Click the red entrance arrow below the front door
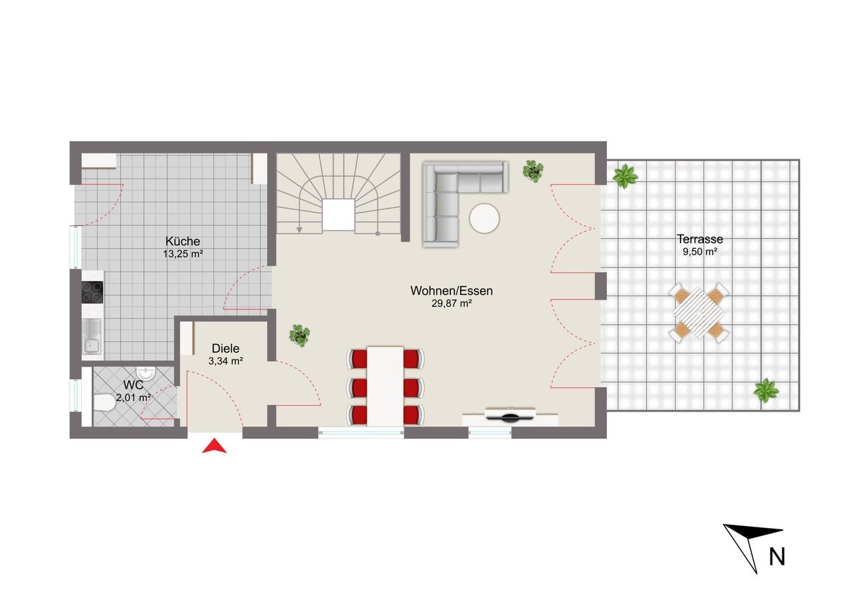click(x=214, y=446)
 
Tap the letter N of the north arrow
click(x=777, y=557)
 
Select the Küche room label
click(x=183, y=241)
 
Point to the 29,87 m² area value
click(x=452, y=303)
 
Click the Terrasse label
click(x=700, y=239)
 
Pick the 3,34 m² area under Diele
click(x=225, y=361)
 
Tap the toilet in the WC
click(x=104, y=402)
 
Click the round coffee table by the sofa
click(x=484, y=218)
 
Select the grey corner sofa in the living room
click(x=466, y=204)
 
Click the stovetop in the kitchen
click(x=92, y=292)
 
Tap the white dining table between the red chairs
click(x=385, y=386)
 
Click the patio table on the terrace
click(x=699, y=313)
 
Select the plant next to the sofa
click(x=533, y=171)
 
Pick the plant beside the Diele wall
click(x=299, y=335)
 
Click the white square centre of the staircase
click(x=339, y=215)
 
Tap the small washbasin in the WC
click(x=145, y=373)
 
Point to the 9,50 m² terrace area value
click(x=700, y=251)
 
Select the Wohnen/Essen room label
click(x=452, y=291)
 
